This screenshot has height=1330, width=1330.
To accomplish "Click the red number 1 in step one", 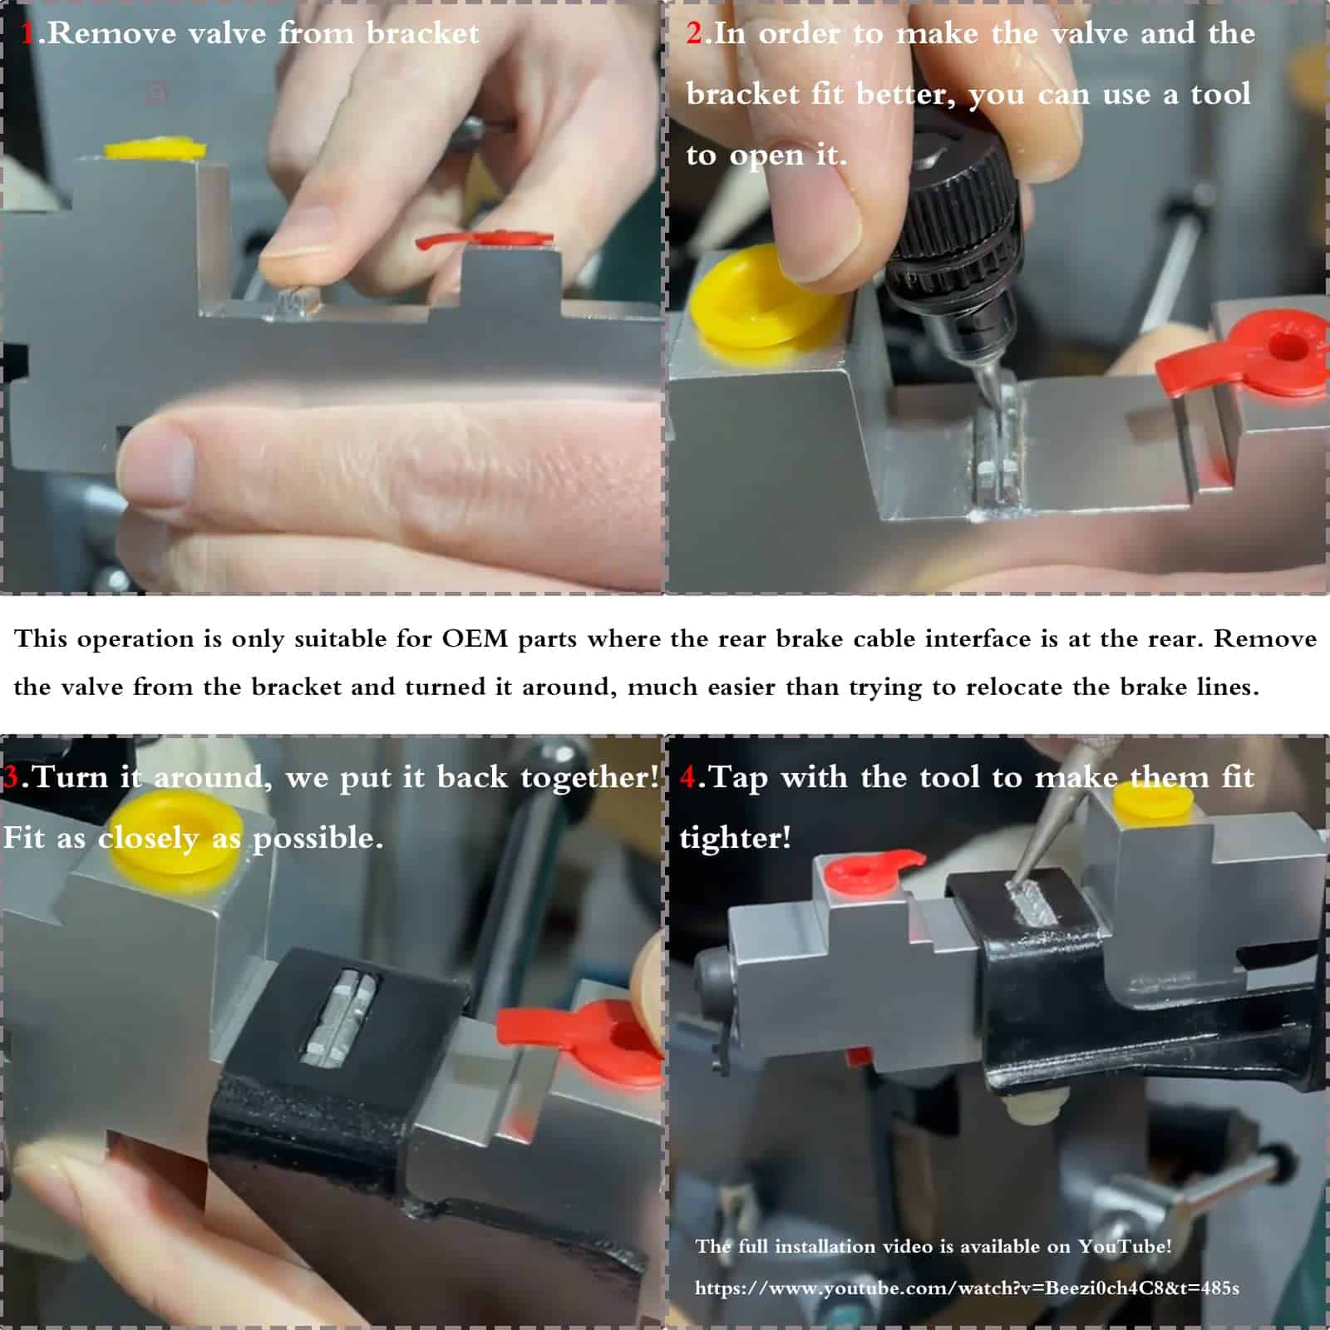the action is tap(28, 33).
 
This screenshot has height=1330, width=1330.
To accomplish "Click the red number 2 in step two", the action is tap(694, 33).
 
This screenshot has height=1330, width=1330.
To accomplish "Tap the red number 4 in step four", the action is tap(688, 777).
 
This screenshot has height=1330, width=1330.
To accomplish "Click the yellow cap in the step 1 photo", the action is tap(155, 149).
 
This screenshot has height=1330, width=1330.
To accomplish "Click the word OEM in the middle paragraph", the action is tap(475, 638).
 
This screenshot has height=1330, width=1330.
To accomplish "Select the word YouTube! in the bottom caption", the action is tap(1125, 1246).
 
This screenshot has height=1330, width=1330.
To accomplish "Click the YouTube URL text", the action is tap(967, 1288).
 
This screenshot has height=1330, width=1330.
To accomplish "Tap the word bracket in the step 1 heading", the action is tap(422, 33).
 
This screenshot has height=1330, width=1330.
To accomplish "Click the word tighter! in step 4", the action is tap(735, 838).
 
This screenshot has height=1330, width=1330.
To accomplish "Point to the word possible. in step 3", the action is tap(318, 839).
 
